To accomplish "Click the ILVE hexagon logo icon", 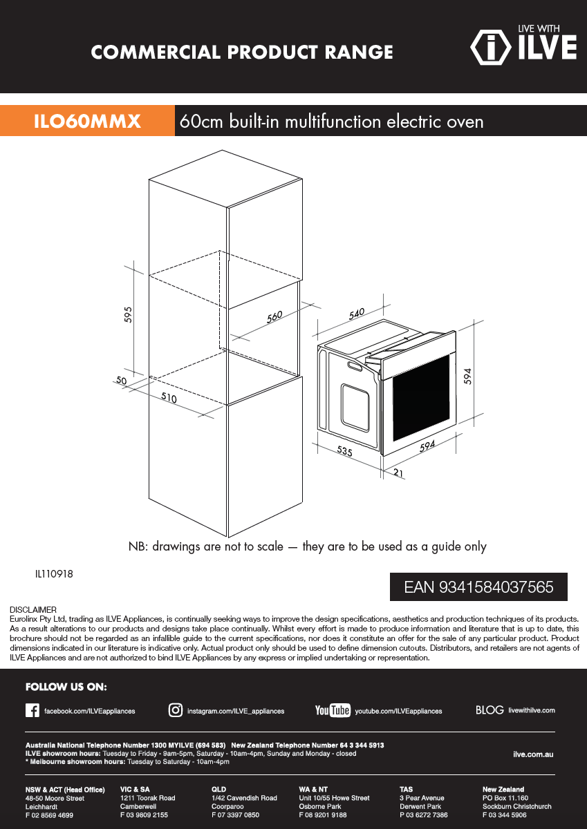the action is pos(491,48).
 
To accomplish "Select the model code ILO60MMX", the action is pos(87,121).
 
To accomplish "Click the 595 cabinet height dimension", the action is pos(128,314).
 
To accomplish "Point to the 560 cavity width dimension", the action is pos(274,317).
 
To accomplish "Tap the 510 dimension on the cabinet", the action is pos(169,397).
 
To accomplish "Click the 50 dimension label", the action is pos(122,380).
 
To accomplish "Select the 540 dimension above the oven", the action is pos(357,314).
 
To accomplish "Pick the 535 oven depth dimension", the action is pos(345,450).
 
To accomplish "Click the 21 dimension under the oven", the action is pos(398,473).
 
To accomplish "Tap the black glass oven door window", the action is pos(421,397).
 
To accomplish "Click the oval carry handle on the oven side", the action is pos(355,366).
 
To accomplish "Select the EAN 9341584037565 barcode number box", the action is pos(478,587).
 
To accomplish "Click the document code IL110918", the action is pos(54,574).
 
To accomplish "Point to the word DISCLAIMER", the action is pos(33,609).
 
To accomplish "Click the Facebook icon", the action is pos(32,711).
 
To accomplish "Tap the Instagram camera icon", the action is pos(176,710).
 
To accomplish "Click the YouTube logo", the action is pos(333,710).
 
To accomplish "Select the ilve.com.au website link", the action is pos(533,754).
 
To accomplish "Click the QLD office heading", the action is pos(218,789).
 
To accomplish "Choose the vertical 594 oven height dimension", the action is pos(468,377).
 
